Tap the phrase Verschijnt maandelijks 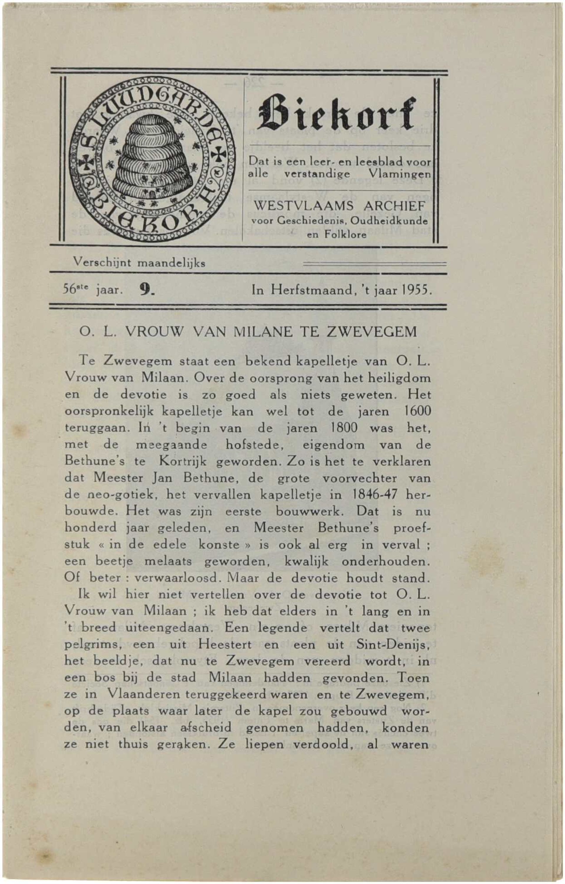[x=139, y=263]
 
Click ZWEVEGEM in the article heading [x=372, y=332]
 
